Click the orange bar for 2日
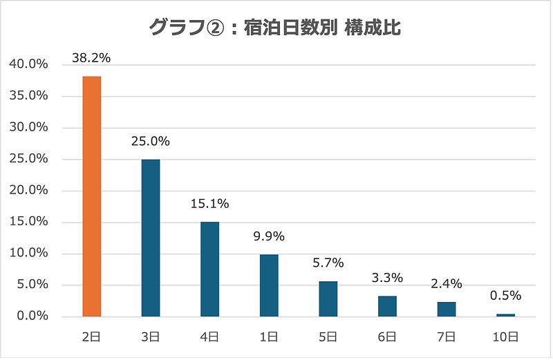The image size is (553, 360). click(x=92, y=196)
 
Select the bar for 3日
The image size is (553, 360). click(x=151, y=238)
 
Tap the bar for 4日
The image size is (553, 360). click(x=210, y=269)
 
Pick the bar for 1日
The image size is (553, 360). click(x=269, y=285)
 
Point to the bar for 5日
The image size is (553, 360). click(x=328, y=299)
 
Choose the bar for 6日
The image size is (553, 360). click(x=387, y=306)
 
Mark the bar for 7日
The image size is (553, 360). click(x=447, y=309)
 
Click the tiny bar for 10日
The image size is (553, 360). click(x=505, y=315)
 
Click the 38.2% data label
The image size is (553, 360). click(x=91, y=58)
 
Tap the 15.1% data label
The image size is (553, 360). click(x=210, y=204)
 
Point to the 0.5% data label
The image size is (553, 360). click(x=505, y=296)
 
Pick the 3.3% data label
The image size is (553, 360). click(x=387, y=278)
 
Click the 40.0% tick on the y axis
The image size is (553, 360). click(x=28, y=64)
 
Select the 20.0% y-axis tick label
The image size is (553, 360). click(x=28, y=191)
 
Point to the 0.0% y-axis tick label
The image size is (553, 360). click(x=31, y=316)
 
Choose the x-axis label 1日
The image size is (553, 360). click(x=269, y=337)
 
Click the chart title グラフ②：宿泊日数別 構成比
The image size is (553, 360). click(x=276, y=28)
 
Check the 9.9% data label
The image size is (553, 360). click(x=269, y=236)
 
